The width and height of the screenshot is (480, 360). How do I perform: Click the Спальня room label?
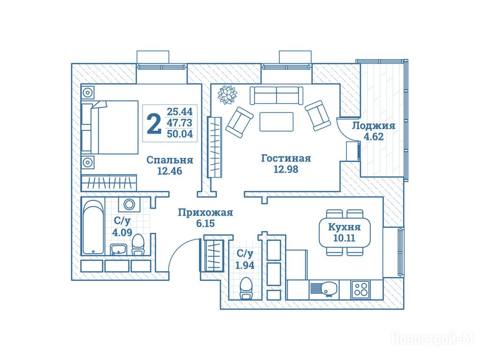(170, 160)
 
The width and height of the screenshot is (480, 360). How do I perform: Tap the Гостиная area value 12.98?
(285, 169)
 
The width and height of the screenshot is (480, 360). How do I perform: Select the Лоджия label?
(374, 126)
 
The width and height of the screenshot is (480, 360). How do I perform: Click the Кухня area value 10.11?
(345, 238)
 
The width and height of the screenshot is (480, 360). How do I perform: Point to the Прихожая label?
(205, 212)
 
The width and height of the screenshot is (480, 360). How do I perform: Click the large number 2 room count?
(154, 123)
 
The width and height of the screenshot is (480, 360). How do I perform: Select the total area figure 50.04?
(180, 134)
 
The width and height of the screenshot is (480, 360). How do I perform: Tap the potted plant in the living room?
(227, 95)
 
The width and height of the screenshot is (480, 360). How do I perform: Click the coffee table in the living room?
(277, 121)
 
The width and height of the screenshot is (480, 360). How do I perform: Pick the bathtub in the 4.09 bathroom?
(93, 227)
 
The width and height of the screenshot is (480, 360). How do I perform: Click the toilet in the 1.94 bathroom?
(246, 289)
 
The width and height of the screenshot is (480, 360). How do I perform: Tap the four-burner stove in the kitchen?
(360, 289)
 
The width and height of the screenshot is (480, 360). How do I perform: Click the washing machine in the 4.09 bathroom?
(129, 204)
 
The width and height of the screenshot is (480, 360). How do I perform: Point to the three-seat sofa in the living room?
(277, 95)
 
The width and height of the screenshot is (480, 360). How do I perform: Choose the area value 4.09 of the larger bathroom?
(122, 232)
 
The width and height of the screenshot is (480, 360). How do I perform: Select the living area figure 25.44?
(180, 112)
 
